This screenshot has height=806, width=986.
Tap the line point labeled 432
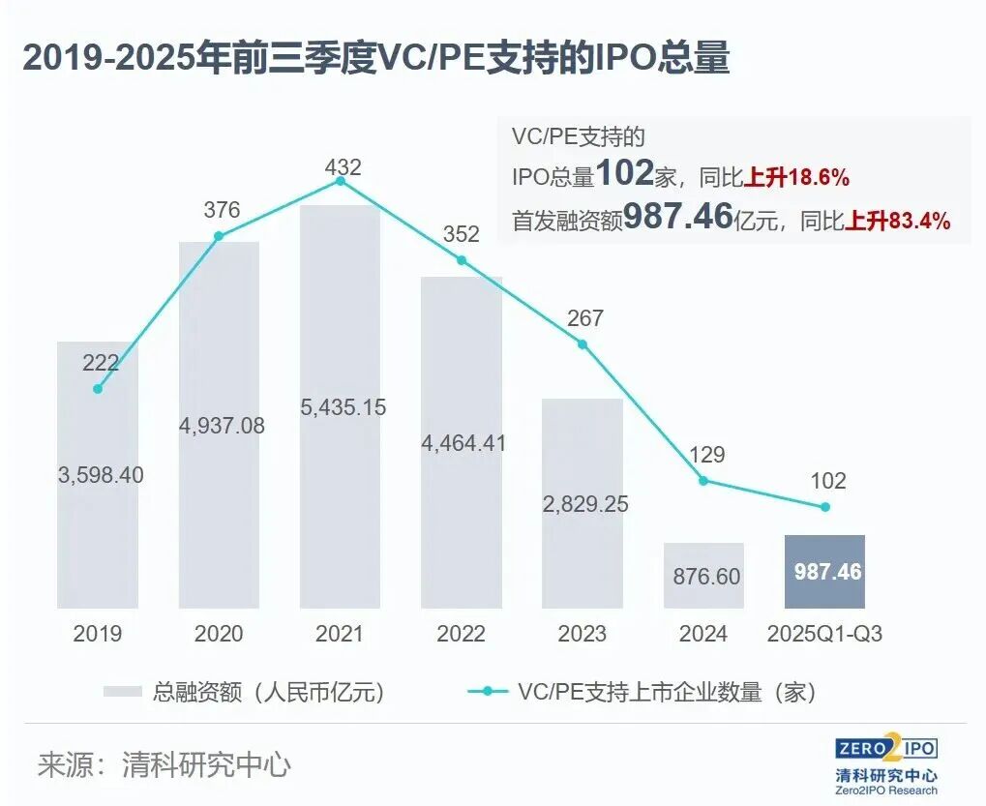pos(340,180)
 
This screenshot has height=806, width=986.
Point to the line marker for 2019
pos(98,389)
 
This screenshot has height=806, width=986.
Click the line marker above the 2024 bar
pos(703,481)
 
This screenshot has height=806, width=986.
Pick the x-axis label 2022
pos(461,635)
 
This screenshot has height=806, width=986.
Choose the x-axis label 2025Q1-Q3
pos(824,635)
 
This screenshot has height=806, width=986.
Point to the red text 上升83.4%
pos(898,222)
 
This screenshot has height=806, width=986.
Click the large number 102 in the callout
pos(625,174)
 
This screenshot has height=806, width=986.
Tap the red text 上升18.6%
pos(796,178)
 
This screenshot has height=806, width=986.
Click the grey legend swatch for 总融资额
pos(123,692)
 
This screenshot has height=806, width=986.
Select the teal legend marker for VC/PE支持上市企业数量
pos(488,692)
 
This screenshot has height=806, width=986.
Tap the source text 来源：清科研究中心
pos(164,765)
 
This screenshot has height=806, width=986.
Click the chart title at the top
pos(376,59)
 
